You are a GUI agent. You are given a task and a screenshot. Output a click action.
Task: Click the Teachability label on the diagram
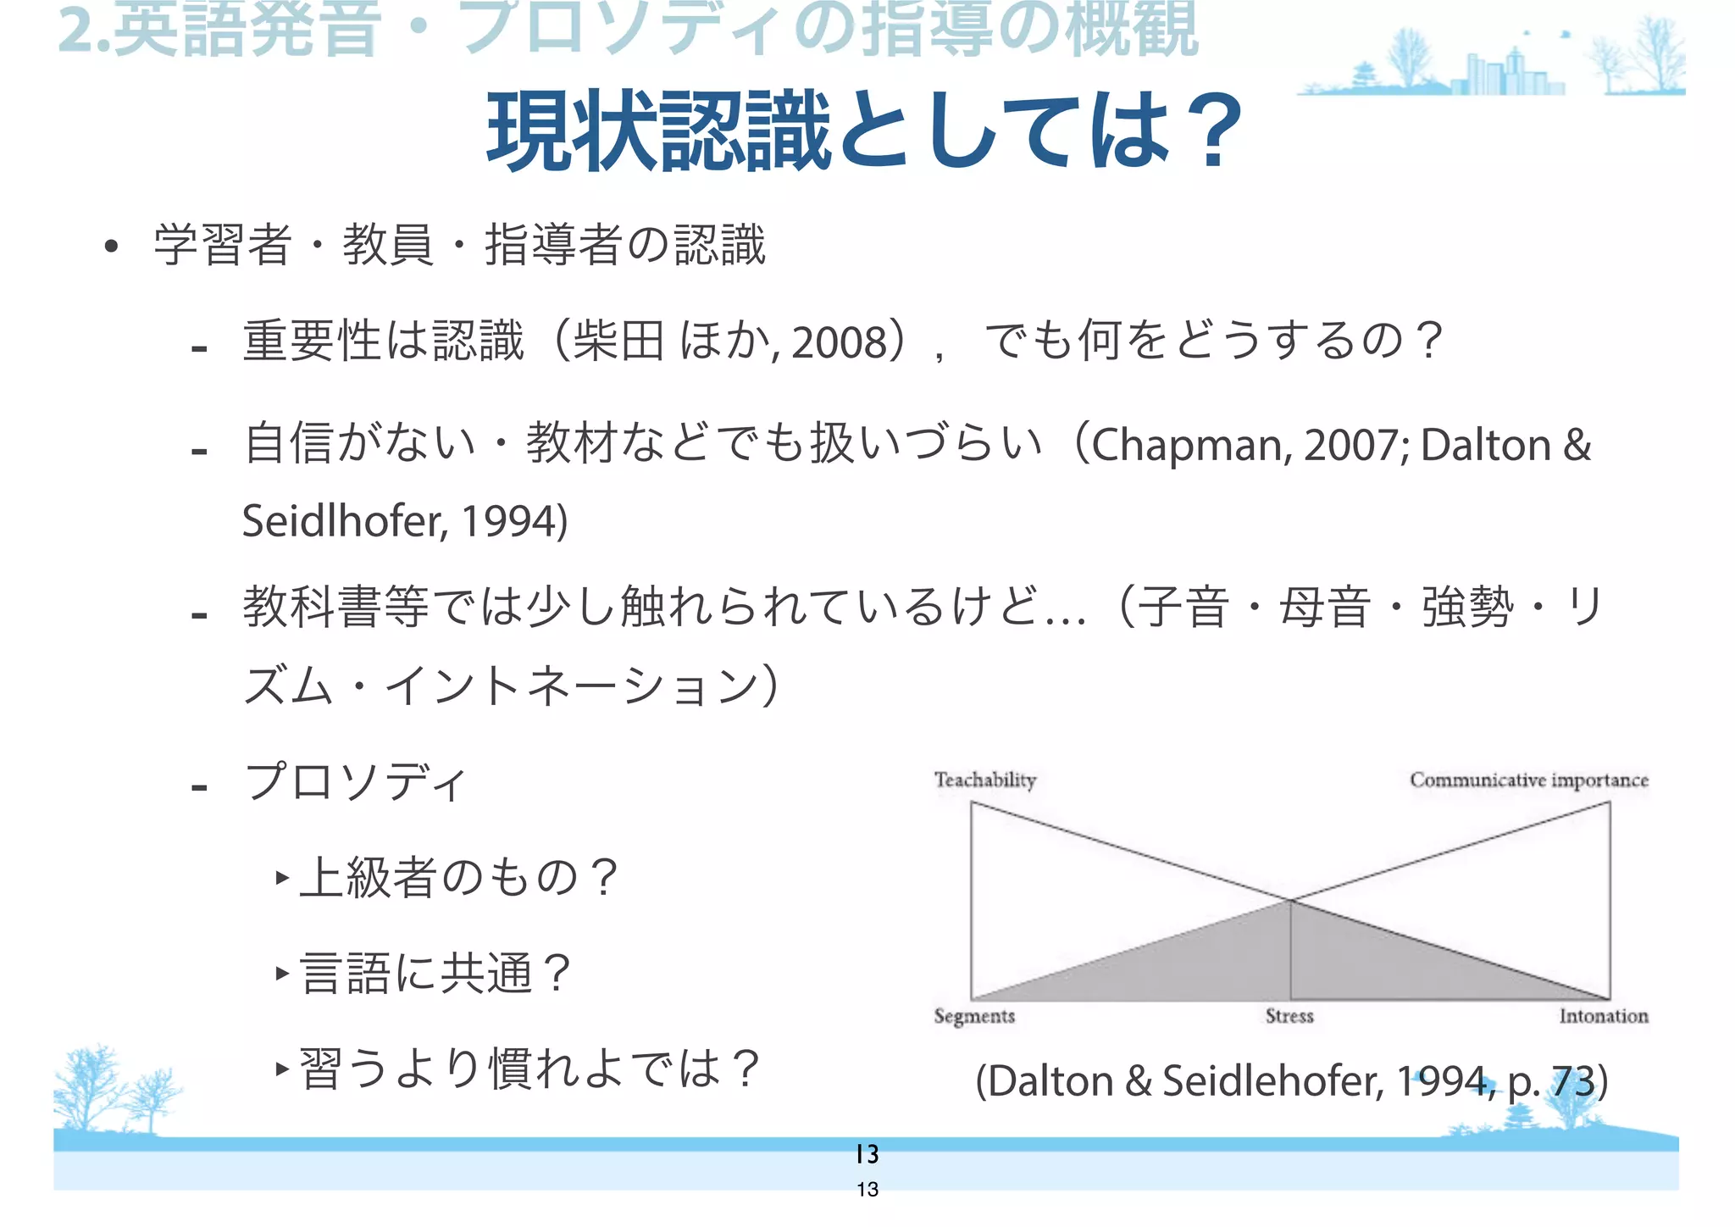(x=984, y=780)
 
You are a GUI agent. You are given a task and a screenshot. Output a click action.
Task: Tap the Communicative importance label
(x=1528, y=780)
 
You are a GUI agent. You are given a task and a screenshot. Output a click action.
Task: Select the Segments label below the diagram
(x=973, y=1016)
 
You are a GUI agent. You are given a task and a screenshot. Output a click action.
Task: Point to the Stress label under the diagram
(x=1289, y=1016)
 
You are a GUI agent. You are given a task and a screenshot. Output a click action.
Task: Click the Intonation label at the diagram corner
(x=1603, y=1016)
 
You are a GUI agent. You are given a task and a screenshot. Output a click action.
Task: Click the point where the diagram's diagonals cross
(x=1289, y=900)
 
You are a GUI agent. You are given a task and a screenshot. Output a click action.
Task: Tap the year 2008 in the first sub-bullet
(x=839, y=342)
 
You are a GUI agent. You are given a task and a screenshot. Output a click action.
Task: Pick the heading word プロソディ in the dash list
(x=356, y=781)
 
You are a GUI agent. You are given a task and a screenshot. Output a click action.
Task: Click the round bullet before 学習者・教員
(x=111, y=247)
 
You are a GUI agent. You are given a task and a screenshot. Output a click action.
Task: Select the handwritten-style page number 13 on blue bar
(x=867, y=1154)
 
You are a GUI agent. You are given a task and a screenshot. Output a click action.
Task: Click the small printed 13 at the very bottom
(x=867, y=1190)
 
